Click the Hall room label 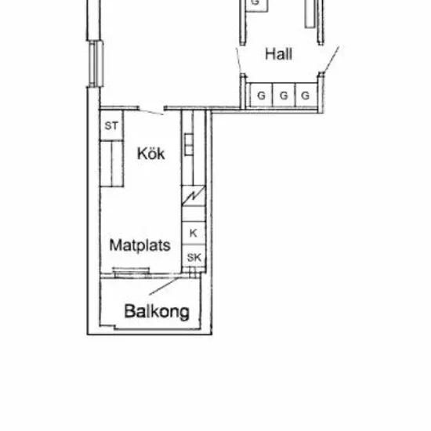point(278,54)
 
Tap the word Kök point(151,154)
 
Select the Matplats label point(140,245)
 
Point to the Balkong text point(157,312)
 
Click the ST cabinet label point(111,126)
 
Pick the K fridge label point(194,234)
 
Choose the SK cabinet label point(194,258)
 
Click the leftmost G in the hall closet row point(261,96)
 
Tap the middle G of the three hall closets point(284,96)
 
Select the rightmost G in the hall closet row point(306,96)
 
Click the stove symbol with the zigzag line point(194,195)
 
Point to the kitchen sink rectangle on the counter point(189,145)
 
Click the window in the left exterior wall point(96,63)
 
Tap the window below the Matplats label point(132,272)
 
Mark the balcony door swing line point(164,286)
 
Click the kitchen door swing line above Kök point(151,112)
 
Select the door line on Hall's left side point(239,61)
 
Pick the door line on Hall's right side point(331,60)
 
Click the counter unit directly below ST point(111,164)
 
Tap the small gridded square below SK point(193,270)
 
